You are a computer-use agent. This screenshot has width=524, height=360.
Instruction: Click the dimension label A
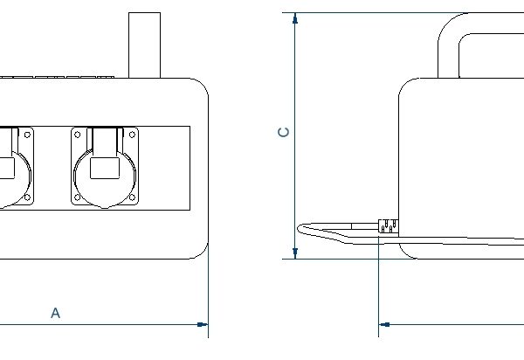[x=55, y=312]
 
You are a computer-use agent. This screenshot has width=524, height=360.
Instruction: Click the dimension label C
[x=283, y=133]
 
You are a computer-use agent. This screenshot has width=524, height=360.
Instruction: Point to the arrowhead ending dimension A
[x=203, y=325]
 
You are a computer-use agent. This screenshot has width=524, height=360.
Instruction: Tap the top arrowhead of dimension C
[x=295, y=19]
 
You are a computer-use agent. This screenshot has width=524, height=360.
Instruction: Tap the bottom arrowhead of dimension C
[x=295, y=253]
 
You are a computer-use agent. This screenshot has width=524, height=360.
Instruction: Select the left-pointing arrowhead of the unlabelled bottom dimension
[x=384, y=325]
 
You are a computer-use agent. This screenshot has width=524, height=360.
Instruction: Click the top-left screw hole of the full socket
[x=78, y=135]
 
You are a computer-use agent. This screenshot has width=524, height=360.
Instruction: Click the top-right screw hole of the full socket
[x=132, y=135]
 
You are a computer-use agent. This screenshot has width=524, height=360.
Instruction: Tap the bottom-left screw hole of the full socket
[x=78, y=197]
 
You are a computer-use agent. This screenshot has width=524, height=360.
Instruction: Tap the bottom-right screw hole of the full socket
[x=132, y=197]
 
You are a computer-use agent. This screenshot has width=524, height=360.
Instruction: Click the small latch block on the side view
[x=388, y=226]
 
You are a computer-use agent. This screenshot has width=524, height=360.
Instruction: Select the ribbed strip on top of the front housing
[x=61, y=77]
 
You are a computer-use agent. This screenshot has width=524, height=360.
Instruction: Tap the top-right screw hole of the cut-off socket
[x=28, y=135]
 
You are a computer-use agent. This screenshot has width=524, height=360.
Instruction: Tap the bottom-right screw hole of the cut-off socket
[x=28, y=197]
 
